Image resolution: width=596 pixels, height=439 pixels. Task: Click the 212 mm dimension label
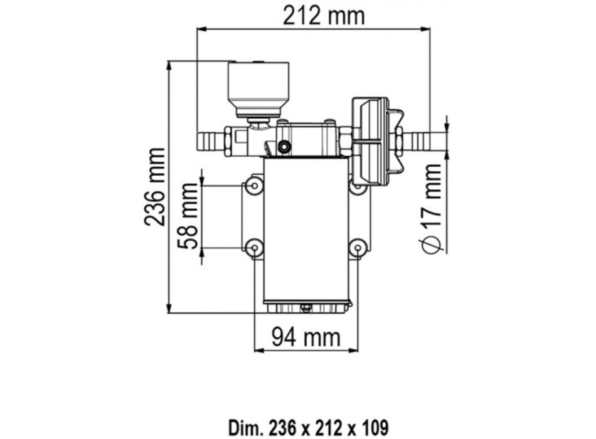point(324,16)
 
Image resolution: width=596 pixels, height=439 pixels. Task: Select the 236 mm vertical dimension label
point(155,187)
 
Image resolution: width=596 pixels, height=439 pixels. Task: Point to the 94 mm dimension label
point(306,337)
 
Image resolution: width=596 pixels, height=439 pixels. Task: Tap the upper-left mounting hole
point(254,186)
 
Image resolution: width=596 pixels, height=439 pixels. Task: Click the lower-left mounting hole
point(254,248)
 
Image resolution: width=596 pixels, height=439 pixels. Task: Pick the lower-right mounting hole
point(358,248)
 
